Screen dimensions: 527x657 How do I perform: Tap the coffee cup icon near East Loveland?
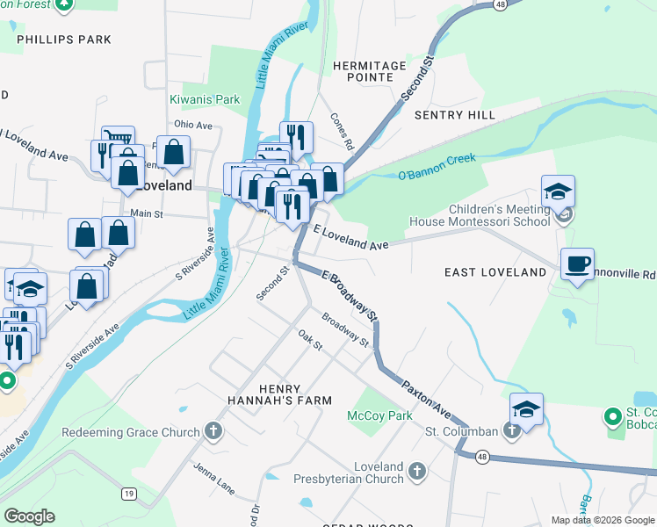[x=577, y=263]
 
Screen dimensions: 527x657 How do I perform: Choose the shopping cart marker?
[x=118, y=139]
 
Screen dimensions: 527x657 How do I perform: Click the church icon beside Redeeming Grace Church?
[x=212, y=431]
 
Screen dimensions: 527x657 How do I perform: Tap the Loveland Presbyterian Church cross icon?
[x=416, y=473]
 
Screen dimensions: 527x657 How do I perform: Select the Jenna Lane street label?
[x=215, y=477]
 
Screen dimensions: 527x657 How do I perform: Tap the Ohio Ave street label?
[x=193, y=125]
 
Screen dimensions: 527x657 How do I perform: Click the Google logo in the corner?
[x=29, y=516]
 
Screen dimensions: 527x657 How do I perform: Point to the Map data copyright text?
[x=603, y=520]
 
